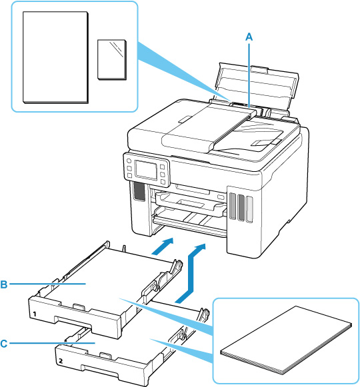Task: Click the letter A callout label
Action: click(249, 37)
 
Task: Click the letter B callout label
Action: click(4, 284)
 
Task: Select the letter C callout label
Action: click(4, 343)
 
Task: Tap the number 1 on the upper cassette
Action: click(35, 314)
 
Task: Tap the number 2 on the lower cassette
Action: click(61, 361)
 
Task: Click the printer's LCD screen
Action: click(146, 170)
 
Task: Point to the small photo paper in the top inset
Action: click(112, 59)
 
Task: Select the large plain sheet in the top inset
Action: click(55, 57)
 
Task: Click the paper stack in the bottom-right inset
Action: click(286, 340)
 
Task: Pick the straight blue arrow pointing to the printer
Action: click(163, 246)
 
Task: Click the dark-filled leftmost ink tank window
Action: click(233, 206)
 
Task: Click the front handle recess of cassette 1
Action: click(73, 321)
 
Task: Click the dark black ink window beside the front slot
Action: click(139, 192)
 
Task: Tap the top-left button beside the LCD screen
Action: click(129, 161)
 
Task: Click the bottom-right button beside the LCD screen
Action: click(163, 182)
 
